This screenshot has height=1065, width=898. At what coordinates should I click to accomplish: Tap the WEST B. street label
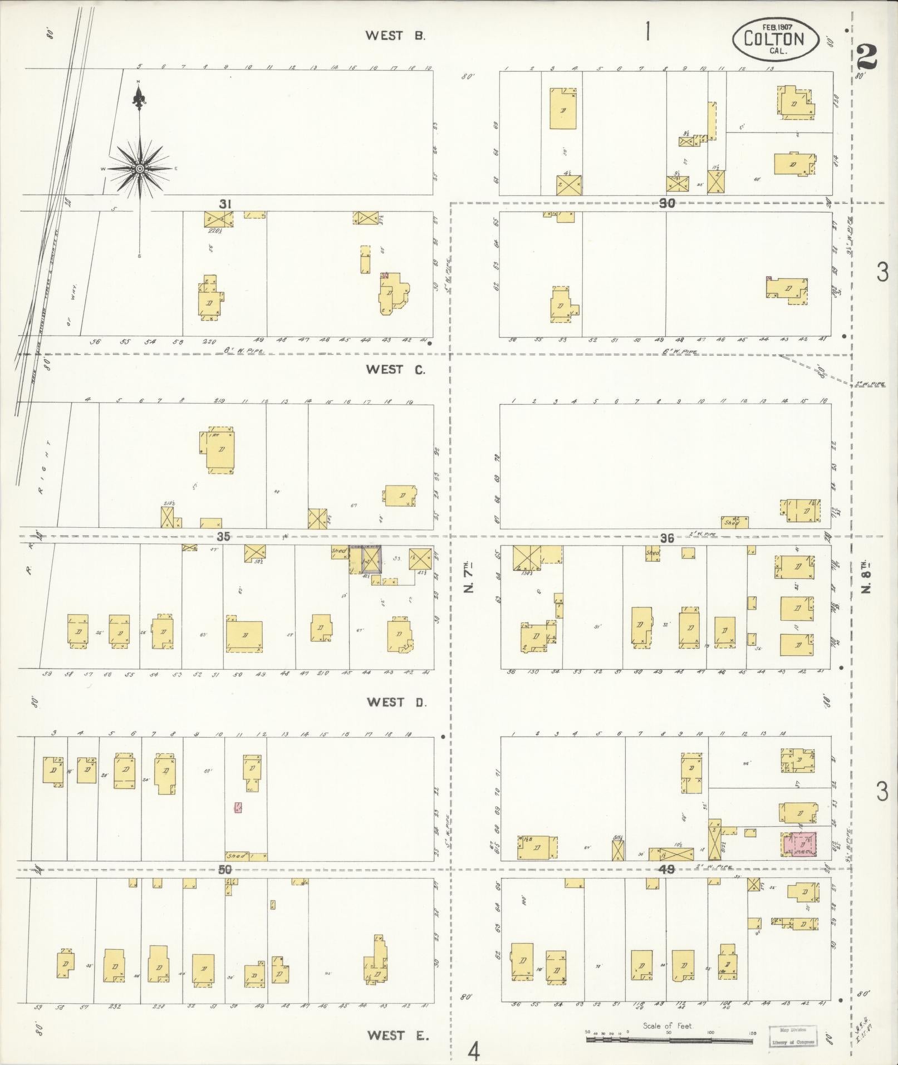[395, 36]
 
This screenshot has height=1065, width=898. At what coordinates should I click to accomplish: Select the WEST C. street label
[395, 369]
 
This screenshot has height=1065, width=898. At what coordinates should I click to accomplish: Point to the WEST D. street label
[396, 702]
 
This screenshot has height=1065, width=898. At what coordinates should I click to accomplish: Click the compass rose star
[140, 168]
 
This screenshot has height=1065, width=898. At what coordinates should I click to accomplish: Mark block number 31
[224, 204]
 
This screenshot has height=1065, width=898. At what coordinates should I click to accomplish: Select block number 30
[666, 204]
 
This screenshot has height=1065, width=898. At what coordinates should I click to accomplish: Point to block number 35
[223, 537]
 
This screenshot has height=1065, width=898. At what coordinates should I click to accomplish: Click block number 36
[666, 538]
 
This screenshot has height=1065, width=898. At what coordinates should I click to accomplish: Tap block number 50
[225, 870]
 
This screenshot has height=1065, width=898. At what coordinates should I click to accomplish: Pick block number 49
[666, 869]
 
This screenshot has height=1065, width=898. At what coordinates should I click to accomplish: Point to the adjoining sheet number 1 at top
[647, 32]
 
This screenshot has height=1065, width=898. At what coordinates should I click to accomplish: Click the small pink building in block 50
[238, 807]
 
